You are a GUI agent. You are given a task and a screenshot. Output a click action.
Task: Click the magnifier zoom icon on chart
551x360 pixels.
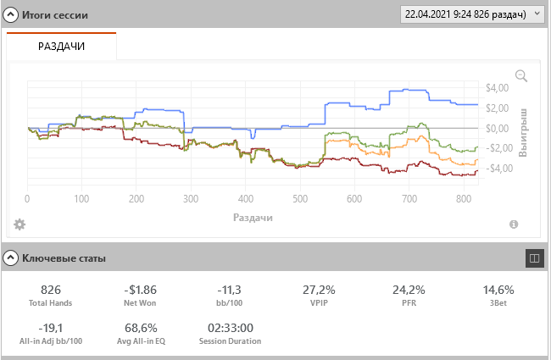(521, 76)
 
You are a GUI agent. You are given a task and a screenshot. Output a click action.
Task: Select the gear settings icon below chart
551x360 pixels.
(19, 224)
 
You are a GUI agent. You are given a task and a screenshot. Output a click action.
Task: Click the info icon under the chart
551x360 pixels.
(514, 224)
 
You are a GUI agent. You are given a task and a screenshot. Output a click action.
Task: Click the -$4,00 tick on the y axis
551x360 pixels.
(494, 168)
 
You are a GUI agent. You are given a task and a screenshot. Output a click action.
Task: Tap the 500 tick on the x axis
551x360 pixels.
(299, 199)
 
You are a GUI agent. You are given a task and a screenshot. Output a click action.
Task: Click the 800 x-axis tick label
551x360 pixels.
(463, 199)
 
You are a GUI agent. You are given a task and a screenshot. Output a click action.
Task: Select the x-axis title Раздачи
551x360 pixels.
(252, 218)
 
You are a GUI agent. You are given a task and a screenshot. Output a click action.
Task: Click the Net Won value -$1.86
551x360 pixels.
(139, 289)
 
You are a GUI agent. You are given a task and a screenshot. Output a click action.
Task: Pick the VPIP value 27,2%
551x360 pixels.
(319, 289)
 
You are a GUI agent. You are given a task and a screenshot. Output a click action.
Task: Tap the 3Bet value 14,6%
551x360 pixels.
(498, 289)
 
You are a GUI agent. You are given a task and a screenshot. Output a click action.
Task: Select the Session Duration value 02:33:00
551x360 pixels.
(230, 328)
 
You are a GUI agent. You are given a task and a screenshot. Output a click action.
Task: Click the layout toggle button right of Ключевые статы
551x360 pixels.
(534, 257)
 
